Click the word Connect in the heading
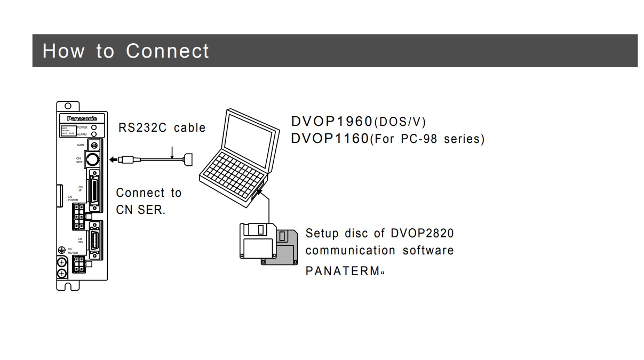tap(168, 51)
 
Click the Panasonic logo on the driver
tap(82, 118)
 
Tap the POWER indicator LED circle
tap(94, 128)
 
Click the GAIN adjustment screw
tap(94, 145)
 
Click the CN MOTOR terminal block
tap(79, 263)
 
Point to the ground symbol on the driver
tap(61, 250)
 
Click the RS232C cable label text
tap(162, 127)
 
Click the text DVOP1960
tap(331, 121)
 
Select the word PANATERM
tap(342, 271)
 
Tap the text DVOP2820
tap(422, 233)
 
